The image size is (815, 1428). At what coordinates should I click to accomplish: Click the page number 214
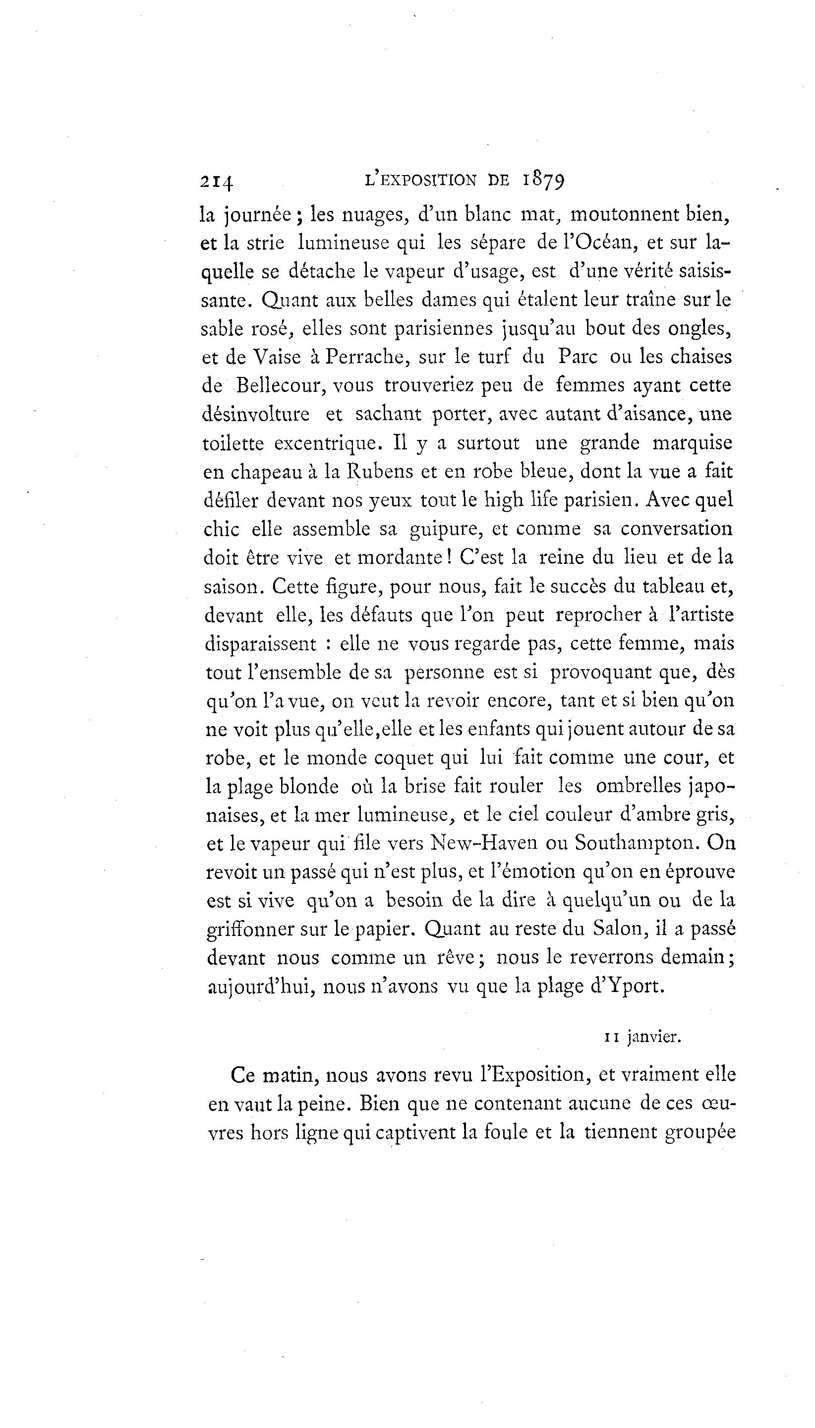click(x=216, y=182)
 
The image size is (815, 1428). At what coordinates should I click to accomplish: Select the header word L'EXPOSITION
click(x=420, y=181)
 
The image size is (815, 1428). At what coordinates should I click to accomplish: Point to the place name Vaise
click(x=277, y=357)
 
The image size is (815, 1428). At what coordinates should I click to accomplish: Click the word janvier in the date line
click(x=654, y=1037)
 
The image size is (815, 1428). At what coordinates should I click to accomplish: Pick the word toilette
click(x=233, y=443)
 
